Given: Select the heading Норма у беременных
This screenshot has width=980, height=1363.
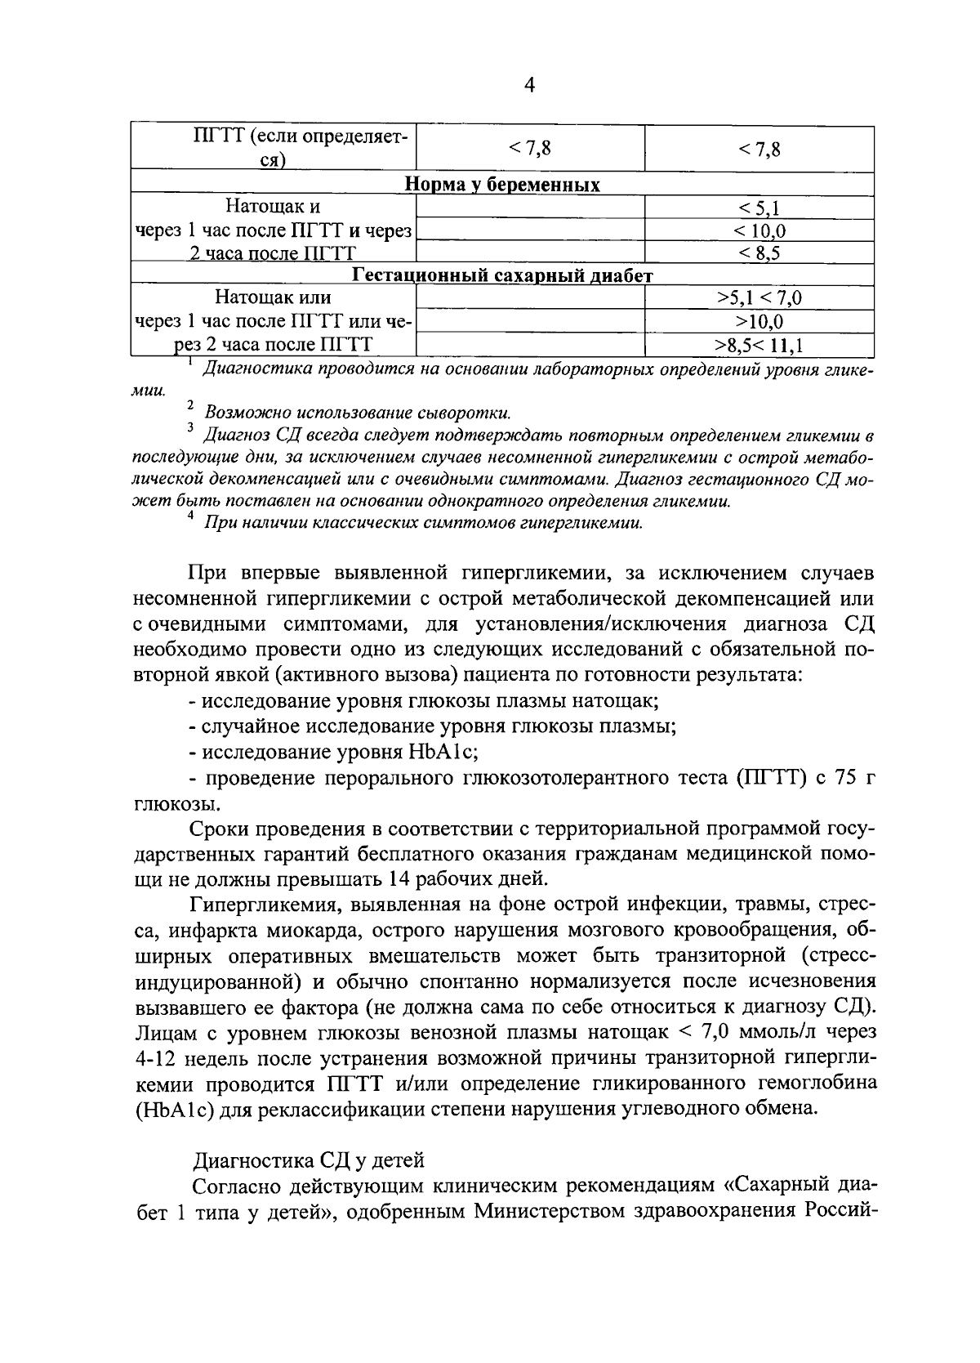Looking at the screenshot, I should pyautogui.click(x=502, y=185).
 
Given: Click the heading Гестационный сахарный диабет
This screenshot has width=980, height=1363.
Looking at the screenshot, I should pyautogui.click(x=502, y=275).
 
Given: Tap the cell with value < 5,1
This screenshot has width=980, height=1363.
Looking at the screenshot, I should pyautogui.click(x=759, y=208).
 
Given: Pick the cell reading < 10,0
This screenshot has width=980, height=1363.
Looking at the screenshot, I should pyautogui.click(x=759, y=230).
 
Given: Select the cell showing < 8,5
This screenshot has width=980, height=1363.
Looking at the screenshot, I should pyautogui.click(x=759, y=252).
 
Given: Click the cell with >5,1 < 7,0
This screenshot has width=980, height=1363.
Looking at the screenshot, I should pyautogui.click(x=759, y=298).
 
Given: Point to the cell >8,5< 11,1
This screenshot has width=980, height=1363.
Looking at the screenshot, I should pyautogui.click(x=759, y=346).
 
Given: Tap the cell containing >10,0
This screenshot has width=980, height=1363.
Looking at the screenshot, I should pyautogui.click(x=759, y=322).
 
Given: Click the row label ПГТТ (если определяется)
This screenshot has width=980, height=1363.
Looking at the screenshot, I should pyautogui.click(x=274, y=148).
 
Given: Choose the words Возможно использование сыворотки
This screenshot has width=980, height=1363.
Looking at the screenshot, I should pyautogui.click(x=358, y=412).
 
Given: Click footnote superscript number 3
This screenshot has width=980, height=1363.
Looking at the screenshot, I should pyautogui.click(x=189, y=427).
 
